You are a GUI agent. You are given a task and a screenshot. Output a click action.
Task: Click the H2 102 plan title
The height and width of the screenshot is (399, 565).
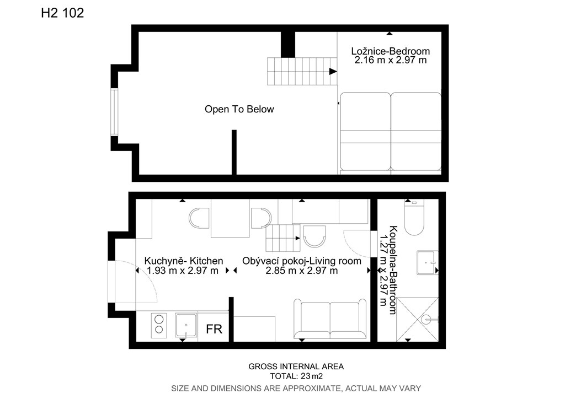(x=62, y=13)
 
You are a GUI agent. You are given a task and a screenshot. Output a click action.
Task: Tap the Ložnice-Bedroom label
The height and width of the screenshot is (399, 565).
(x=391, y=51)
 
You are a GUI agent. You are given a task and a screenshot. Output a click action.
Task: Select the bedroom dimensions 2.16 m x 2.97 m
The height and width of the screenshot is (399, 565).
(x=391, y=60)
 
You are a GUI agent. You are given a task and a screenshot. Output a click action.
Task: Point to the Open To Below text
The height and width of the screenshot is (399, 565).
(x=239, y=109)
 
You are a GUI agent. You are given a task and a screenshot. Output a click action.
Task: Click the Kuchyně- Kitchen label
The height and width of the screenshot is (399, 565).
(x=184, y=261)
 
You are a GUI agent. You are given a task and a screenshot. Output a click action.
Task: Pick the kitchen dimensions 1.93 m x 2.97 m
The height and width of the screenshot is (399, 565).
(x=183, y=271)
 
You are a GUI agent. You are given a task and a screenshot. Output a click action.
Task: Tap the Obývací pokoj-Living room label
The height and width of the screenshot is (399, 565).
(x=302, y=261)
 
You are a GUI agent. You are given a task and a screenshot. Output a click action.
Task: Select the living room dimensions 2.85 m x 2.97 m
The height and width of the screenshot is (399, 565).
(x=302, y=271)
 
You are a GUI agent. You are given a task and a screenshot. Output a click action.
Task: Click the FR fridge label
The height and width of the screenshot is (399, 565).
(x=214, y=329)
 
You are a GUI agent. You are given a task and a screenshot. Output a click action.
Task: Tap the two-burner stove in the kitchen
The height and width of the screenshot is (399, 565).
(x=158, y=325)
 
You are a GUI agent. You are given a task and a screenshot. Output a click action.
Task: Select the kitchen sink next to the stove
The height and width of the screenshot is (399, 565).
(x=186, y=325)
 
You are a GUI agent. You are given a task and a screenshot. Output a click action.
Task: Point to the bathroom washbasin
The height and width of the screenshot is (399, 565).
(x=428, y=263)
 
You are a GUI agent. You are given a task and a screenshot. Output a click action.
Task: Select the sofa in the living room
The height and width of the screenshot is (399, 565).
(x=330, y=319)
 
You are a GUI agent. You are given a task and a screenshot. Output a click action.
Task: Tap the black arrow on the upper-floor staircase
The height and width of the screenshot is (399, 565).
(x=333, y=72)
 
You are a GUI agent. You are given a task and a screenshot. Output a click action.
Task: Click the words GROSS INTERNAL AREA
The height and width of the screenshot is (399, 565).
(x=296, y=366)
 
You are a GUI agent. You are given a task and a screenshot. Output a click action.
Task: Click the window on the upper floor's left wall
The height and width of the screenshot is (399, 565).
(x=114, y=112)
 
